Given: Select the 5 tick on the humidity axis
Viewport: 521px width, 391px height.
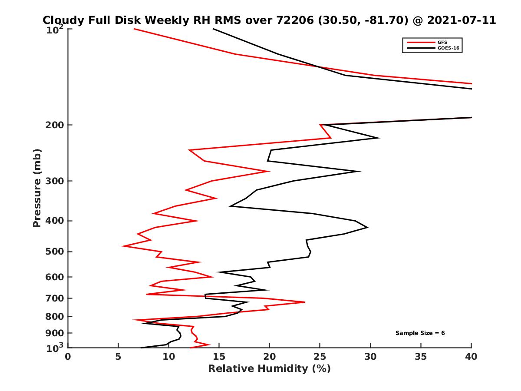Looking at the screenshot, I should [118, 357].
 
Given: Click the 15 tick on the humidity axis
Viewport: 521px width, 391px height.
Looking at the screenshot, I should [219, 357].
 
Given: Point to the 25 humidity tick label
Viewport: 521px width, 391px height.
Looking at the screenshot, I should [320, 357].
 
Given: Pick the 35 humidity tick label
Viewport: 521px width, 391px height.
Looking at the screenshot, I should [421, 357].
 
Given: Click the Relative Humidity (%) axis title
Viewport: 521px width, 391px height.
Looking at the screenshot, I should [269, 369].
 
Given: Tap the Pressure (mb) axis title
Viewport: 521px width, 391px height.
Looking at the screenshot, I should [37, 188].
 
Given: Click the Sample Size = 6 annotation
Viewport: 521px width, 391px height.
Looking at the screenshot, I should [420, 333].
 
